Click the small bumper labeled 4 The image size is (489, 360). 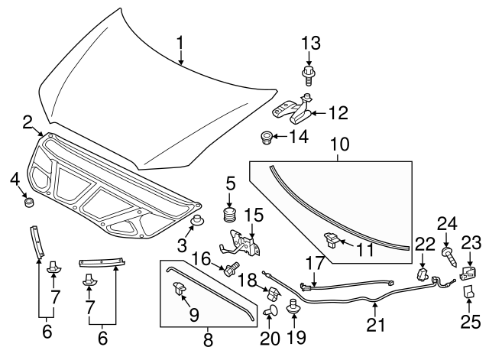pos(31,203)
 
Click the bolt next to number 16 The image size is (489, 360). pos(228,268)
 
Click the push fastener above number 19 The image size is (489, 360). pos(292,306)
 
